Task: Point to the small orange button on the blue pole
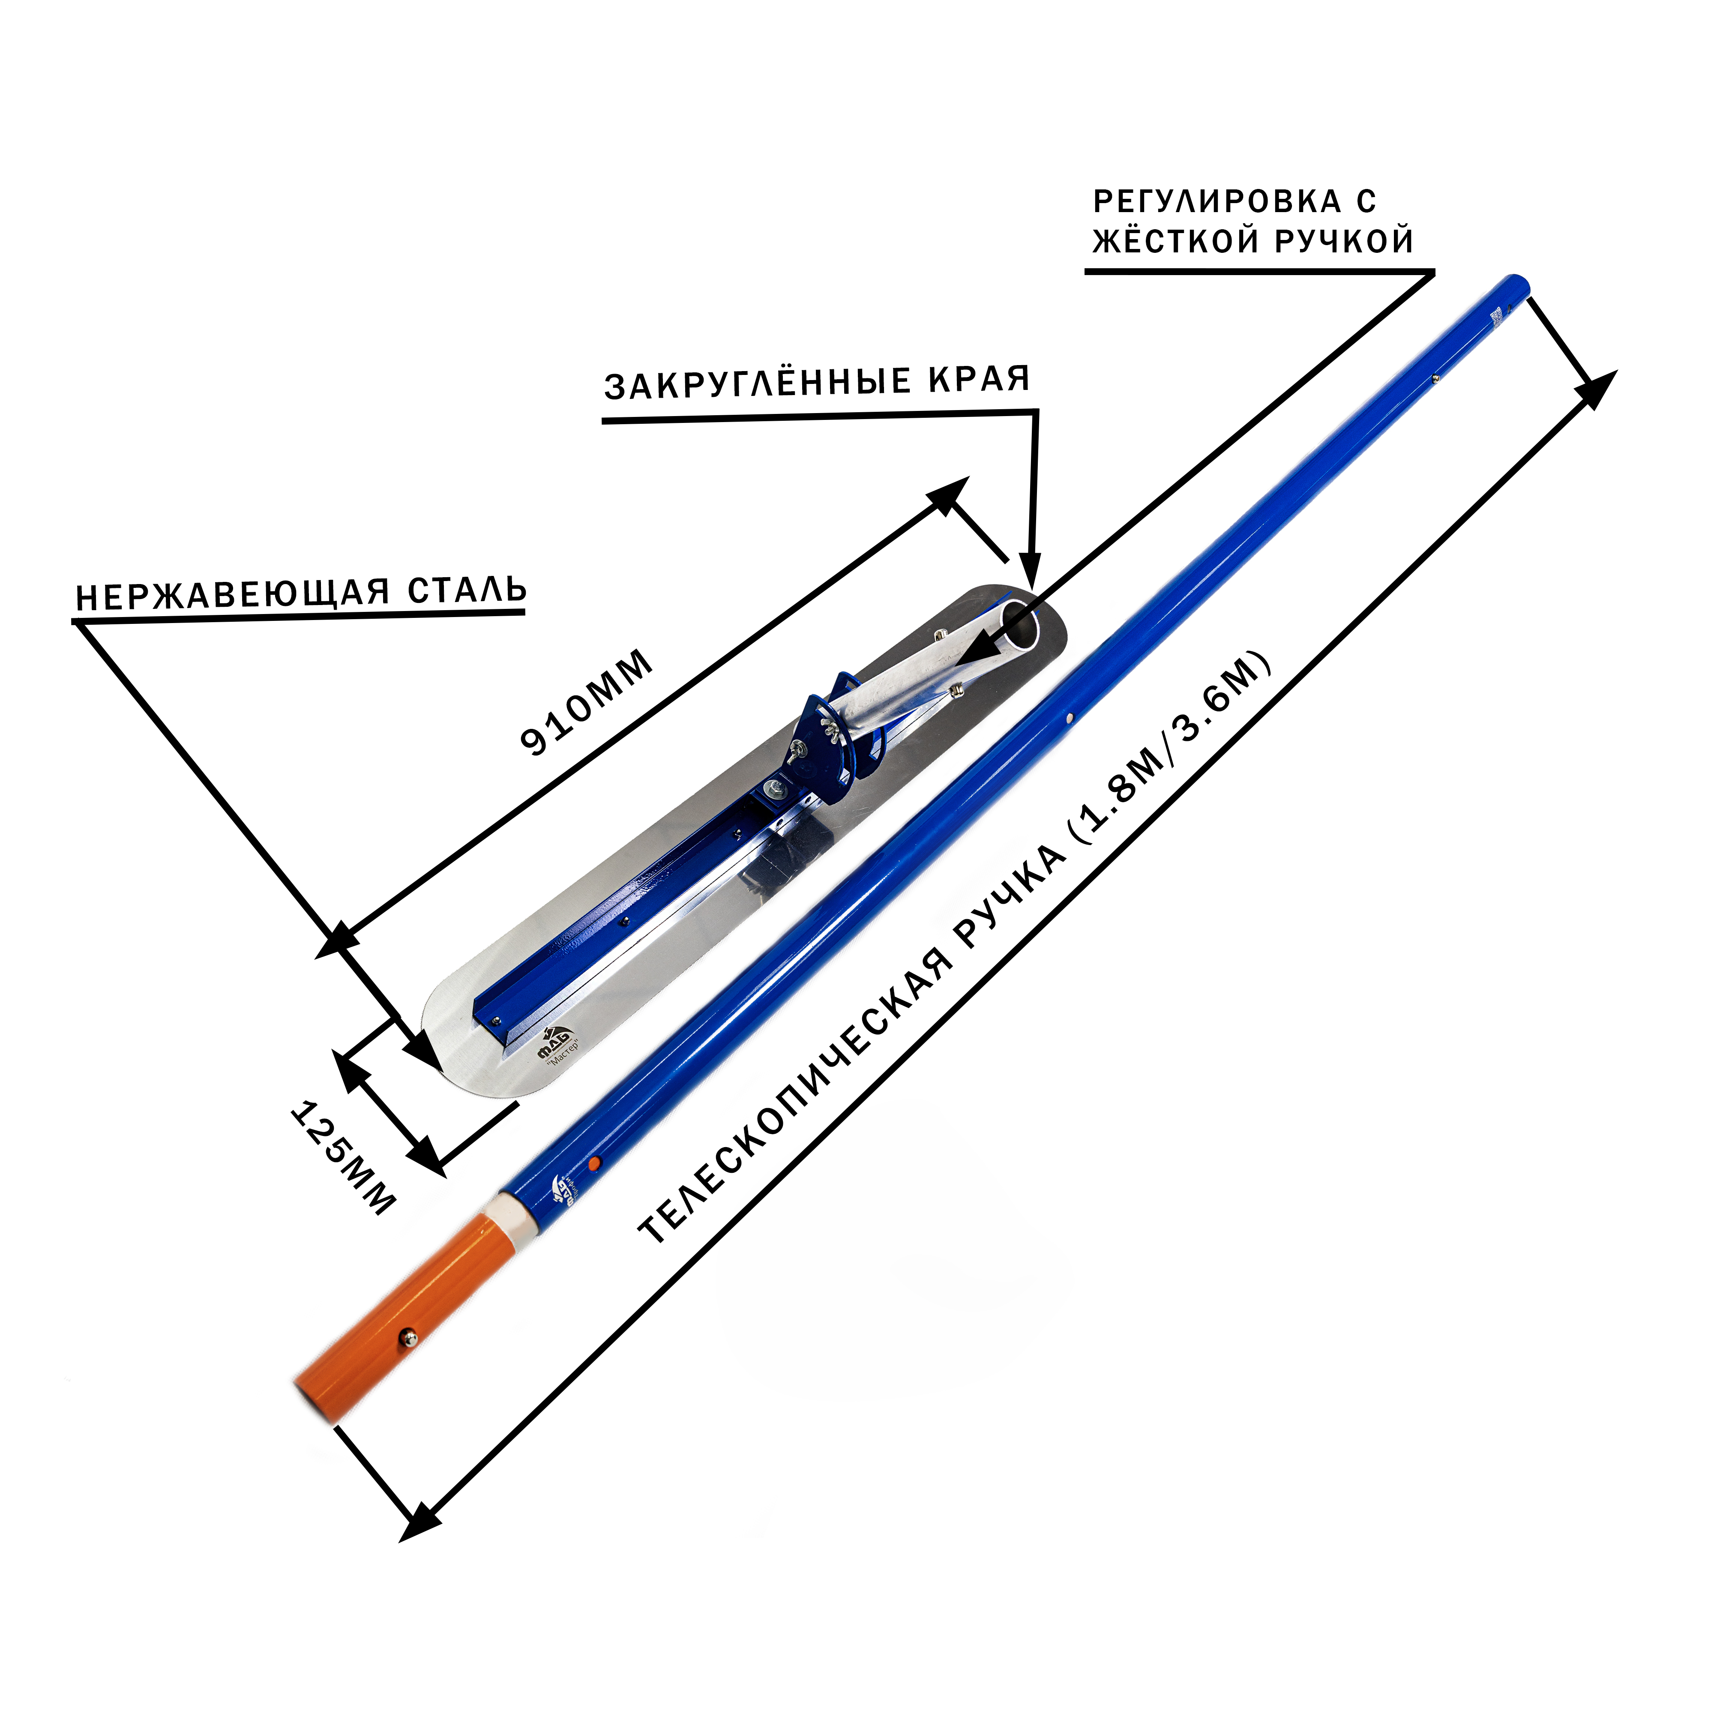pos(594,1162)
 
